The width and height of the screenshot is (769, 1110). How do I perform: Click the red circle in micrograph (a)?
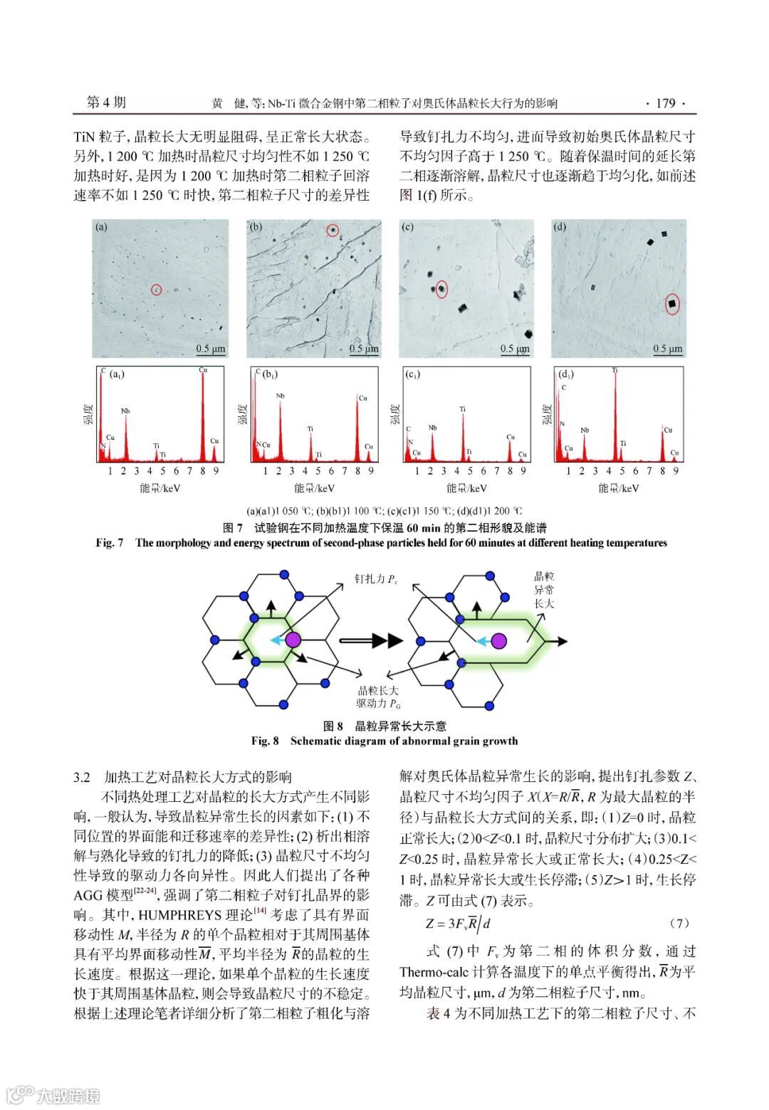coord(157,289)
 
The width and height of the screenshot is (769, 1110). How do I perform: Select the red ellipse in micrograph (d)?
coord(671,305)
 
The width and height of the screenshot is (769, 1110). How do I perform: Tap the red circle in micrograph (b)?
coord(333,230)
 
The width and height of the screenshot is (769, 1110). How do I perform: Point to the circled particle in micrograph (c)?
coord(441,288)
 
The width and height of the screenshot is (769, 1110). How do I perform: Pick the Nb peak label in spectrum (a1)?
coord(125,411)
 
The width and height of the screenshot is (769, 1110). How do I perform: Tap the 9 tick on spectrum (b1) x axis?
coord(371,470)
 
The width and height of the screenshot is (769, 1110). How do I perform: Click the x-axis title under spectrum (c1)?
coord(466,488)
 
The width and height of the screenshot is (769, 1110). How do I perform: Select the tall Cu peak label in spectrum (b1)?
coord(362,398)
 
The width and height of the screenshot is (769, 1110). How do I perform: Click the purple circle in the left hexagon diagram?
coord(293,640)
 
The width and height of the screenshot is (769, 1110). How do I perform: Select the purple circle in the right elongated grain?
coord(499,640)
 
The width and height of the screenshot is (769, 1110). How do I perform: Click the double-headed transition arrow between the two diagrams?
coord(372,640)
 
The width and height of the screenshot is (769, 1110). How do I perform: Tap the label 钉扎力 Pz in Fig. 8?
coord(375,578)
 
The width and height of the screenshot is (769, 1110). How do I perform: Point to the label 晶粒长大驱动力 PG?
coord(378,697)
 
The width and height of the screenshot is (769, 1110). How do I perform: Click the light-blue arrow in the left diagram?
coord(277,640)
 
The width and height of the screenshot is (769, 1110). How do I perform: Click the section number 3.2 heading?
coord(83,776)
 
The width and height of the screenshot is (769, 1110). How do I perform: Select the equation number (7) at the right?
coord(679,923)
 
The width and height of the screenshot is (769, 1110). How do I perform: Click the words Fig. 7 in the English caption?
coord(110,543)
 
